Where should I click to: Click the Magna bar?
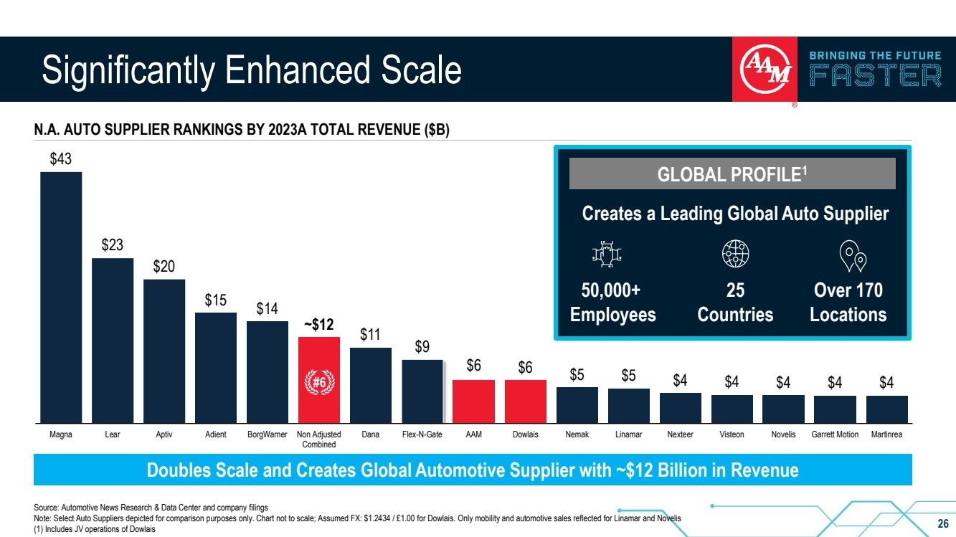[x=61, y=297]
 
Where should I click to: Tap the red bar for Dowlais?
[x=525, y=401]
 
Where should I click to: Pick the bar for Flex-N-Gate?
[x=422, y=391]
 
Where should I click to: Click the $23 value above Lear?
[x=113, y=245]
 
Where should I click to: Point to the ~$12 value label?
[x=319, y=324]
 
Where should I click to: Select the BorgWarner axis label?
[x=268, y=434]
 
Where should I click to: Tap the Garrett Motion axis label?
[x=835, y=434]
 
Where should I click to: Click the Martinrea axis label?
[x=886, y=434]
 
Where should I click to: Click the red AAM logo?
[x=765, y=70]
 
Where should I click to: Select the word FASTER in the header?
[x=875, y=75]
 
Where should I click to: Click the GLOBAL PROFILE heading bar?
[x=732, y=174]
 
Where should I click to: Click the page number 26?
[x=943, y=522]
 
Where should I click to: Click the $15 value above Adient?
[x=216, y=300]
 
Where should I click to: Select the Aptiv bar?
[x=164, y=351]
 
